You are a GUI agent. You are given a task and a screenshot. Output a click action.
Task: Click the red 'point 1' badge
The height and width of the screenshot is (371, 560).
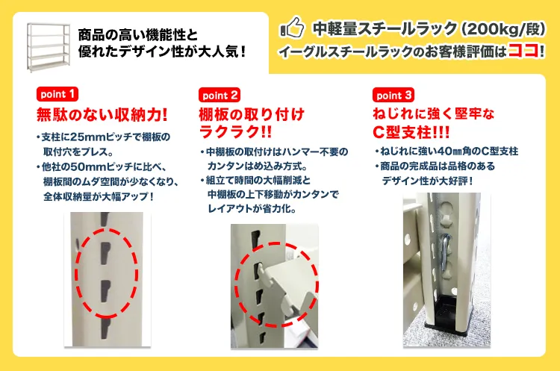coord(57,95)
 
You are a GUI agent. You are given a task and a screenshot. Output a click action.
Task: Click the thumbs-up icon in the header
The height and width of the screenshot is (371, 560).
coord(291,30)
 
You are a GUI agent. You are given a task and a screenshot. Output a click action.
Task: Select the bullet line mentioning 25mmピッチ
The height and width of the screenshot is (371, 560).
coord(103,137)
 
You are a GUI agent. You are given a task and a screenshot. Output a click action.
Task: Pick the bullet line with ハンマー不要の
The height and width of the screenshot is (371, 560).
coord(274,152)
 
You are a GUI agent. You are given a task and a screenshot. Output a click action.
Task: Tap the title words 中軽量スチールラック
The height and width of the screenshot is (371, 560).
coord(385,29)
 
